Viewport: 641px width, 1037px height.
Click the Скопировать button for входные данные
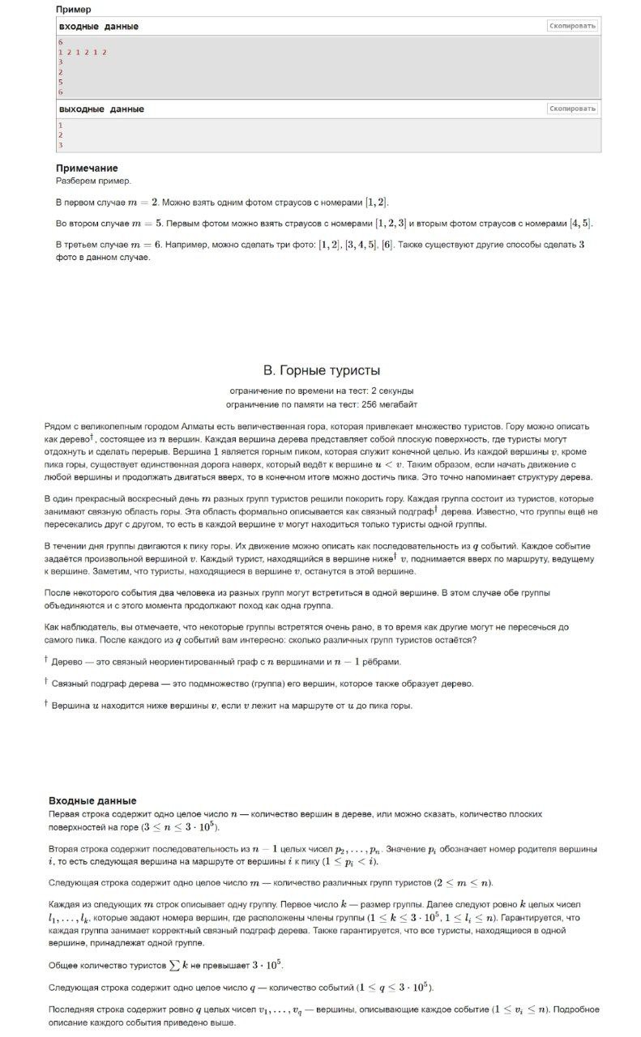573,26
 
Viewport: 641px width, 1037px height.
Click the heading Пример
73,9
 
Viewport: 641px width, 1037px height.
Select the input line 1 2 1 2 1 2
83,52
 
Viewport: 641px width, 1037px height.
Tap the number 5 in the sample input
61,82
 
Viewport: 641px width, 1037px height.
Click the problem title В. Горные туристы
322,371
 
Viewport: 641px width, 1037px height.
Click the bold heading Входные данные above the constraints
92,800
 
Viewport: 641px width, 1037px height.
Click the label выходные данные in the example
101,109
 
